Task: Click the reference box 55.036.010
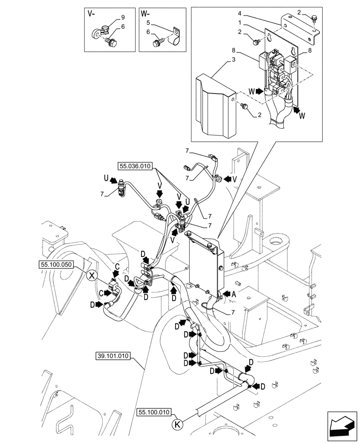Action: coord(135,167)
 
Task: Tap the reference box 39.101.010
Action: coord(114,356)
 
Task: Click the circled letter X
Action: coord(91,276)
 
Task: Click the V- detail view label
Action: coord(91,14)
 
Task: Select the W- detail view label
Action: coord(145,14)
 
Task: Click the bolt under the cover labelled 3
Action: coord(244,106)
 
